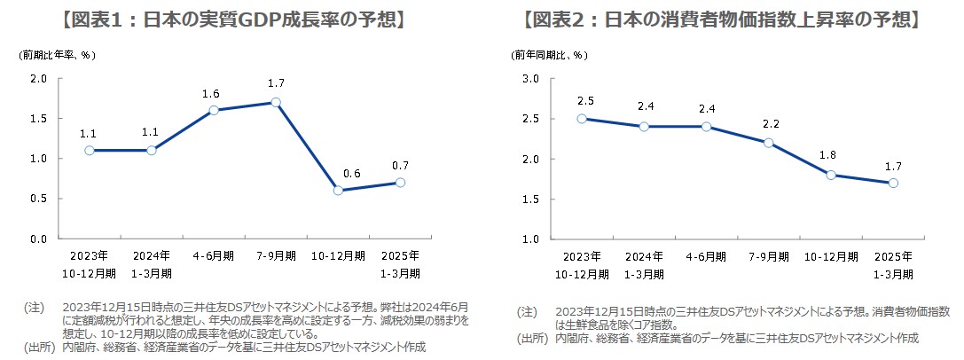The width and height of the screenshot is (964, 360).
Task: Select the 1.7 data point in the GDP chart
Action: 276,102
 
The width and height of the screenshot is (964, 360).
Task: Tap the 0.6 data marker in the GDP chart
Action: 338,191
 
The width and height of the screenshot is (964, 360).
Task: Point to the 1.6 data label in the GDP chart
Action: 212,93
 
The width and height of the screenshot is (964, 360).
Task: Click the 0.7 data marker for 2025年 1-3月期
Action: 400,183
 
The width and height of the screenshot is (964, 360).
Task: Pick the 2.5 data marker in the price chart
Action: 581,119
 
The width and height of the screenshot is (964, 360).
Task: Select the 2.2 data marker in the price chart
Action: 768,143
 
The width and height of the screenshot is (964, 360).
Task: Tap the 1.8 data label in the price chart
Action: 830,156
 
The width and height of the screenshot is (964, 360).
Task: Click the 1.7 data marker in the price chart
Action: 893,183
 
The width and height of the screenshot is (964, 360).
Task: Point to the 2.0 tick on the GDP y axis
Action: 38,78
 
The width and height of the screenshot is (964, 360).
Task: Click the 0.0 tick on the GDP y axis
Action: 38,239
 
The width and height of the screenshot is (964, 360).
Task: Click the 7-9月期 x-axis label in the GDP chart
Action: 276,256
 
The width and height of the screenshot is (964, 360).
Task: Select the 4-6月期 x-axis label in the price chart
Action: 705,256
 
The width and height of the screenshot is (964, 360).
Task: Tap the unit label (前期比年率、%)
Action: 58,54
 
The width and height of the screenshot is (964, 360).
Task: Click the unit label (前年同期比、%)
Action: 549,54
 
